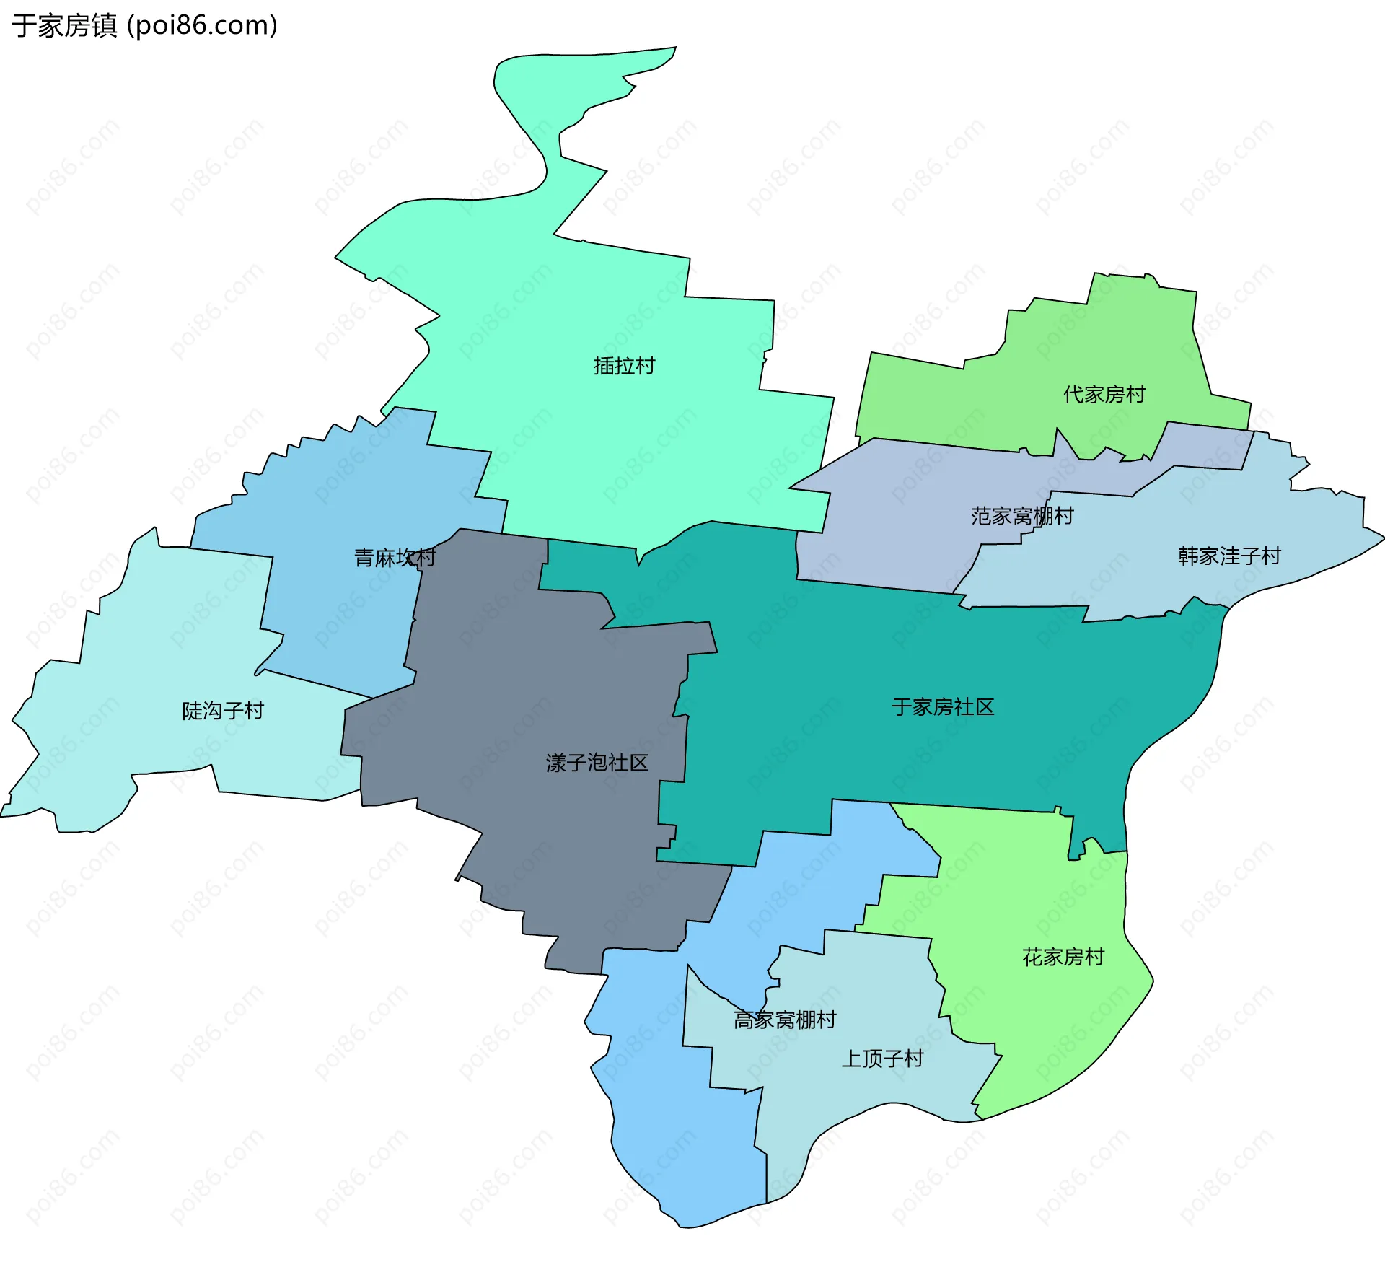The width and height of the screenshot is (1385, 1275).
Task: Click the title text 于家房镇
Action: [63, 26]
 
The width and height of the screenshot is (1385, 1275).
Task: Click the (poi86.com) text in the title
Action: [202, 26]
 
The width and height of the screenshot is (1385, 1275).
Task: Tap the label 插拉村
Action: [624, 366]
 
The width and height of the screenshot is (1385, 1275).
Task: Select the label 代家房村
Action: [1104, 395]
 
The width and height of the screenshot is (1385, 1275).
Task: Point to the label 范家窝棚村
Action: [1021, 516]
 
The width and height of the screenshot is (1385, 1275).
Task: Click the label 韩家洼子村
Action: [1229, 556]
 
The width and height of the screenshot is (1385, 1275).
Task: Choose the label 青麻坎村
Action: [395, 557]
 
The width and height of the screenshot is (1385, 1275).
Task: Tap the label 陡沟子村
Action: [223, 711]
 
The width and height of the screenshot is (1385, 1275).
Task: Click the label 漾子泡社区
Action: [597, 763]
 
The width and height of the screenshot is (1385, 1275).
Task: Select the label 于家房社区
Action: [943, 707]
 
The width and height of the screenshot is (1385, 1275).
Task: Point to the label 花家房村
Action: [1063, 957]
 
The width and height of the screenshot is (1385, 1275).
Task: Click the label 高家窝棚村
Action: [785, 1020]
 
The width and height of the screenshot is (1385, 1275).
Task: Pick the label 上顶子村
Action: [882, 1059]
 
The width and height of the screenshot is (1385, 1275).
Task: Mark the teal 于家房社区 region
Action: [902, 649]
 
